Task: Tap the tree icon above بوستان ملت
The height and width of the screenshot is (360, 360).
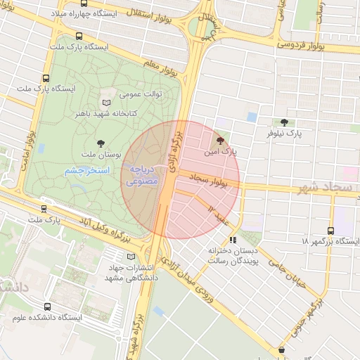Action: click(102, 143)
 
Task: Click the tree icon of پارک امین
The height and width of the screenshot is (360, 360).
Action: click(221, 140)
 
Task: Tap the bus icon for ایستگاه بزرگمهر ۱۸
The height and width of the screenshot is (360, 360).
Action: click(331, 230)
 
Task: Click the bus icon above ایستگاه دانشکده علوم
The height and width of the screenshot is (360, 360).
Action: click(47, 307)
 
